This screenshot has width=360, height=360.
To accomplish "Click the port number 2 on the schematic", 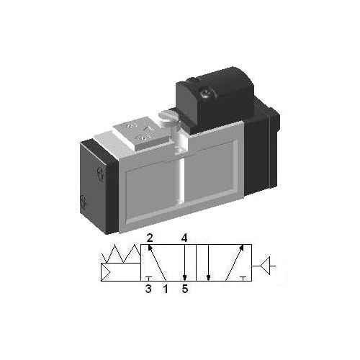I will click(x=150, y=237).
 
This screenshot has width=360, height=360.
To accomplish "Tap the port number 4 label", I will click(x=185, y=237).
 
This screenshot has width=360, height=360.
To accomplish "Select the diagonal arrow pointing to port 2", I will click(x=156, y=263).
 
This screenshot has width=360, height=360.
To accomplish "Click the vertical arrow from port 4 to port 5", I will click(x=185, y=263).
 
